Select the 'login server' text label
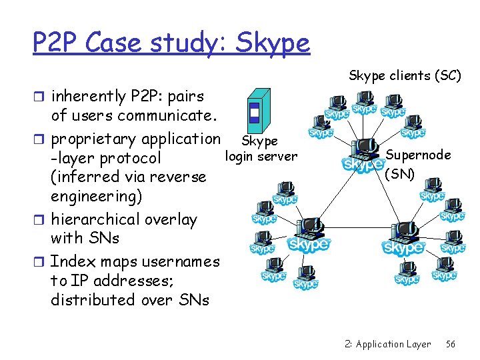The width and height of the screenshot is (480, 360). [261, 157]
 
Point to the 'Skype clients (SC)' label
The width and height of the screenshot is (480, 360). [405, 75]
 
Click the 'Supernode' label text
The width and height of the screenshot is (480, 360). [418, 155]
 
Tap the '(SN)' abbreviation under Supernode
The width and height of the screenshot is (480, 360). [400, 174]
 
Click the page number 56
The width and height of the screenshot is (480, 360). [451, 344]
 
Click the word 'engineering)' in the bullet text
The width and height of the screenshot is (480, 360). [91, 197]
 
